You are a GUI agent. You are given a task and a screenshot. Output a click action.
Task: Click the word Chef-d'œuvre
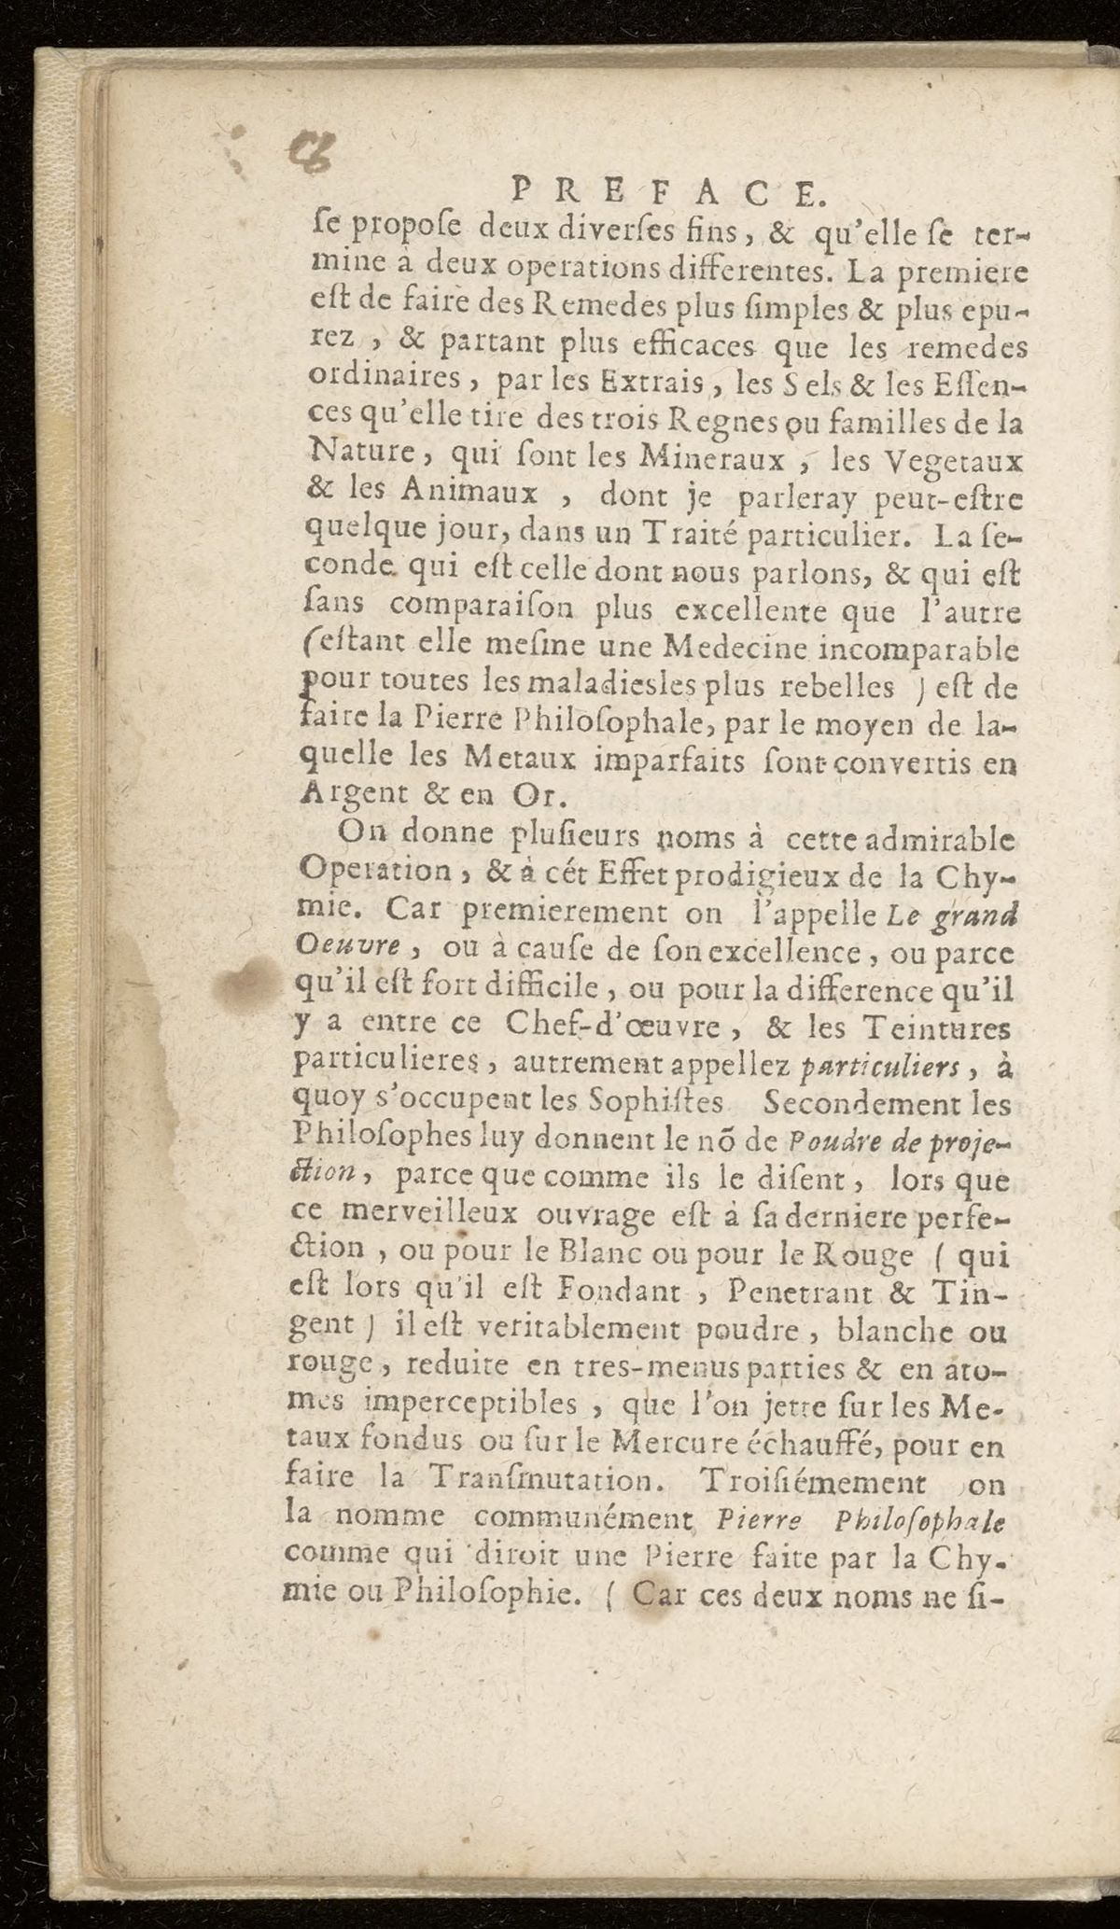(x=611, y=1025)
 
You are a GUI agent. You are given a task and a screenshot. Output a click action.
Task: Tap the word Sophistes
(x=658, y=1103)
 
